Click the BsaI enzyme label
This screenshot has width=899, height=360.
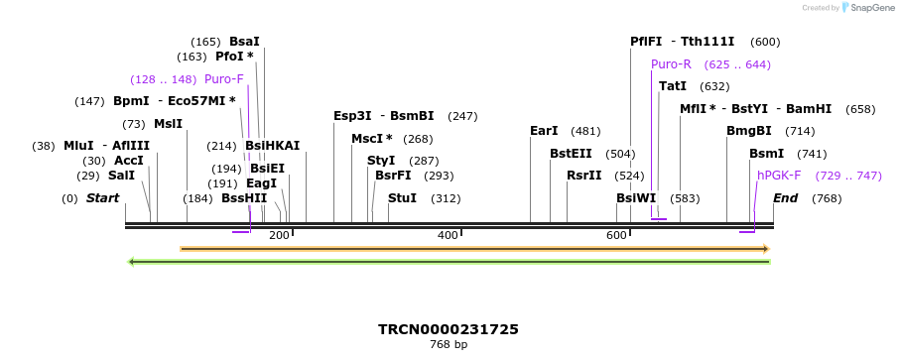(x=244, y=42)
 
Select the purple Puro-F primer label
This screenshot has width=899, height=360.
(x=223, y=79)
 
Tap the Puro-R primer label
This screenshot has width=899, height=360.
(x=671, y=64)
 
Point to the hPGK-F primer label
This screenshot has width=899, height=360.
(x=779, y=176)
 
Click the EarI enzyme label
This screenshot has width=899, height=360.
(x=544, y=131)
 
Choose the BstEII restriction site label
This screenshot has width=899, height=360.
(x=571, y=154)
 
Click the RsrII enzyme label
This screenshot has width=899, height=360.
(x=583, y=176)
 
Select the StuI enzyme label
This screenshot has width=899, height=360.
(x=402, y=198)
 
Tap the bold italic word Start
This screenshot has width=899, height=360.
(x=102, y=198)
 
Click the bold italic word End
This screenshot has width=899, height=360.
(x=785, y=198)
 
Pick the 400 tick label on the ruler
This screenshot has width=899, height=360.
(x=448, y=235)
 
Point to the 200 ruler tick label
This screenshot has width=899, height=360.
(x=279, y=235)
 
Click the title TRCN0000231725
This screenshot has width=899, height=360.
(x=449, y=329)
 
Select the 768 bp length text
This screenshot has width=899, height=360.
(x=449, y=345)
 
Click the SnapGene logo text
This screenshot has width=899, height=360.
(x=869, y=8)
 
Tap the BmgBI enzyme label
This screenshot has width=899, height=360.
(x=748, y=131)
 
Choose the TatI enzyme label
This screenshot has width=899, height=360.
(x=673, y=86)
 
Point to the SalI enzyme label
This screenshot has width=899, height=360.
(x=121, y=176)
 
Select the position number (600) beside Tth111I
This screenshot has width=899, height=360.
(x=765, y=42)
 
